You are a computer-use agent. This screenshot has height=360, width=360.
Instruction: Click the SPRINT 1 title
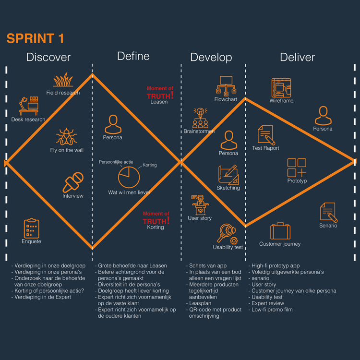click(x=36, y=38)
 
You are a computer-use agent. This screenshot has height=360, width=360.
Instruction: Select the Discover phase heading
click(x=48, y=58)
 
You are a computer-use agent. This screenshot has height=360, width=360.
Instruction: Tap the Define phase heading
click(x=133, y=56)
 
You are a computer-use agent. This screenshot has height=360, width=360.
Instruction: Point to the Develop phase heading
click(x=211, y=58)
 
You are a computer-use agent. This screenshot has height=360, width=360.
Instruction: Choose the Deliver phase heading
click(x=298, y=58)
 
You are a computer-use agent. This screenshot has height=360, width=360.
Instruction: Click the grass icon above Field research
click(x=63, y=80)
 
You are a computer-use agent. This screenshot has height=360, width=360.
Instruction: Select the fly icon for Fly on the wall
click(x=66, y=137)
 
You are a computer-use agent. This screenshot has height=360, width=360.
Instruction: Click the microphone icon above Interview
click(x=73, y=183)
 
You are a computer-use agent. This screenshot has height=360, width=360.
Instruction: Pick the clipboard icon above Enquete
click(x=31, y=228)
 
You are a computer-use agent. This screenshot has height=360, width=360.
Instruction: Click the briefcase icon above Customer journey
click(x=279, y=231)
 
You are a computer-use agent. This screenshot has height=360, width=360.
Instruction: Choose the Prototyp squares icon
click(x=297, y=168)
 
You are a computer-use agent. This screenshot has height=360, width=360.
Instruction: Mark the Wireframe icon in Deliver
click(x=281, y=88)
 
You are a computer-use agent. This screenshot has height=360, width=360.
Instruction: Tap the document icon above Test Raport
click(x=265, y=135)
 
